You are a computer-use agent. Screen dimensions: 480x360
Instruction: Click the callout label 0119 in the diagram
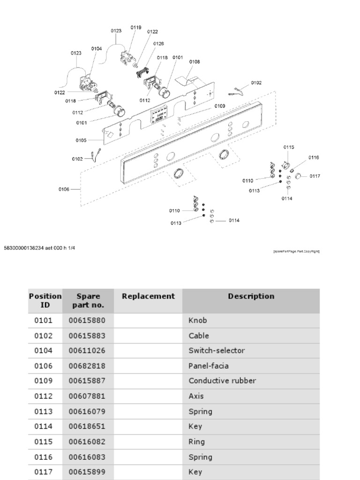[136, 28]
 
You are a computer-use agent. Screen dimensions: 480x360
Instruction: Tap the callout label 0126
[158, 44]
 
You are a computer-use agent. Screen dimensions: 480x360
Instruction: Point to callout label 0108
[195, 61]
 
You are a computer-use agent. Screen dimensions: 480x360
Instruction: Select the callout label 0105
[81, 140]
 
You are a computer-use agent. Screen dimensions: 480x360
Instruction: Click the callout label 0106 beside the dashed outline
[64, 189]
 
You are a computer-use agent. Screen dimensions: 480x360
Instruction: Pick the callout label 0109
[220, 106]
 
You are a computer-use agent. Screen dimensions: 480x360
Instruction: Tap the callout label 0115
[289, 147]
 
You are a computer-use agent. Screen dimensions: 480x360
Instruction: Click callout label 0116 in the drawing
[314, 157]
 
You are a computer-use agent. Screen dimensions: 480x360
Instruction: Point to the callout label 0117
[315, 176]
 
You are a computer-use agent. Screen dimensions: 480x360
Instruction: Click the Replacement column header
[148, 296]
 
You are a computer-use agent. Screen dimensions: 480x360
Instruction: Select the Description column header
[251, 296]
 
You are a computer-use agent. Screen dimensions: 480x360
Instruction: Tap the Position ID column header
[45, 301]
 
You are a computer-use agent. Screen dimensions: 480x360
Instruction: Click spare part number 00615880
[87, 321]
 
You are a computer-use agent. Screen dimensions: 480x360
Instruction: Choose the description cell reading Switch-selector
[217, 351]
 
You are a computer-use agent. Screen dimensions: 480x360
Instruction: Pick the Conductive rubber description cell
[222, 381]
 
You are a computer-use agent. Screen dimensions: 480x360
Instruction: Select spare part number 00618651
[87, 427]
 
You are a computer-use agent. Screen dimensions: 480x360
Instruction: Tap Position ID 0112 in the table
[44, 396]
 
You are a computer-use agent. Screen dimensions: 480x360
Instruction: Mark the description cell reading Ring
[196, 442]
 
